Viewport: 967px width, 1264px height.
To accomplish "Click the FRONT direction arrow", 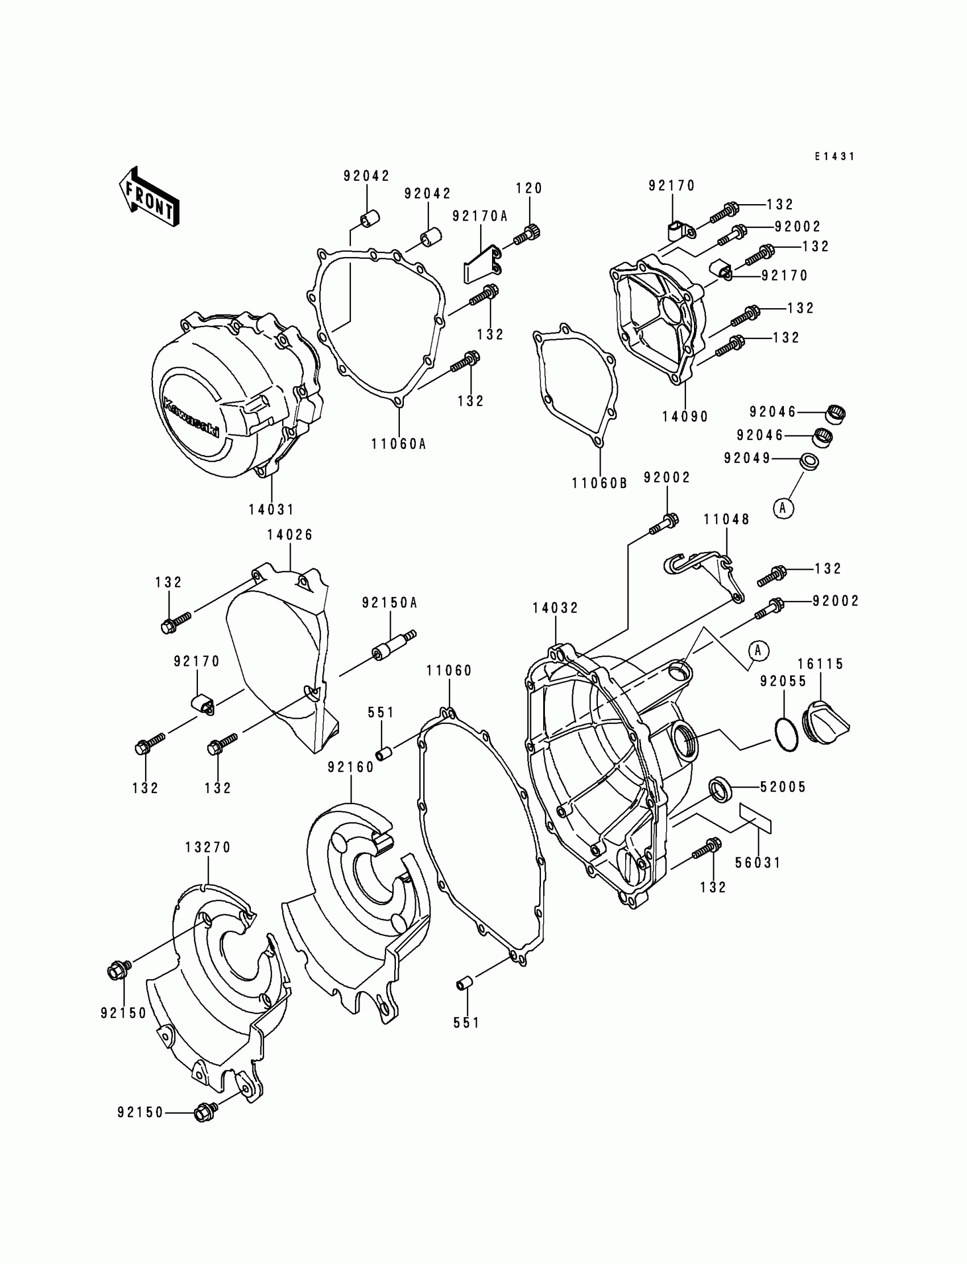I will click(148, 197).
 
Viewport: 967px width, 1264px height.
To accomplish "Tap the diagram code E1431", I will click(834, 156).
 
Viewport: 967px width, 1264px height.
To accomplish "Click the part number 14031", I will click(271, 509).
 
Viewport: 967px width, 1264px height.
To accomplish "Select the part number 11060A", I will click(398, 444).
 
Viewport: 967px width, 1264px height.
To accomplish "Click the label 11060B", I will click(599, 483).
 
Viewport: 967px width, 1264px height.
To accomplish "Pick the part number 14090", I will click(685, 416).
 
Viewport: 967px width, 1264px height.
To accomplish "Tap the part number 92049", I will click(747, 458).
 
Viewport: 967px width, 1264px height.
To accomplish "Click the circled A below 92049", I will click(782, 507).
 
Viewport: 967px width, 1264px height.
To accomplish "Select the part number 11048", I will click(726, 520).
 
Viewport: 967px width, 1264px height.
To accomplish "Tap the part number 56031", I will click(758, 878).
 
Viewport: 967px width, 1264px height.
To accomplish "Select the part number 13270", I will click(208, 847).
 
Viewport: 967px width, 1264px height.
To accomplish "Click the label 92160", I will click(351, 767).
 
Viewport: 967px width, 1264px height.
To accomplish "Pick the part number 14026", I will click(290, 534).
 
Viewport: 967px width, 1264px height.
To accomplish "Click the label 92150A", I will click(389, 602).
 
